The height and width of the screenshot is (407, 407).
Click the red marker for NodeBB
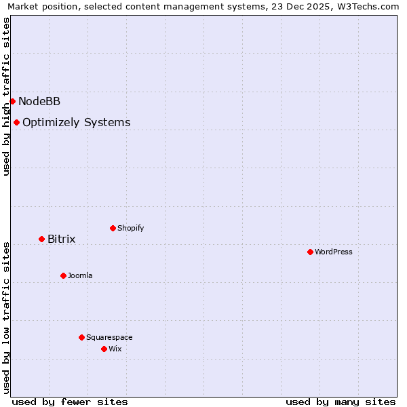coord(12,101)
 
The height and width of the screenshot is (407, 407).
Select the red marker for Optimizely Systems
coord(16,122)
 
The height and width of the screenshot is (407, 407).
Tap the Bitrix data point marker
coord(41,239)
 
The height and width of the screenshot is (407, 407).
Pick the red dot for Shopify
coord(113,228)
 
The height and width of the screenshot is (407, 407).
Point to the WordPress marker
coord(310,252)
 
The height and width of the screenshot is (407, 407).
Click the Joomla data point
coord(63,275)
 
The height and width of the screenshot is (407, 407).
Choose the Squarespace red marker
coord(81,337)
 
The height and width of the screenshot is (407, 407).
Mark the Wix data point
coord(104,349)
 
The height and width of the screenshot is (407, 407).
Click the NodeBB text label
coord(39,102)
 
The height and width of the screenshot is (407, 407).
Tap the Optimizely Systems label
coord(76,123)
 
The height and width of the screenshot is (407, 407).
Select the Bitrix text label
coord(61,239)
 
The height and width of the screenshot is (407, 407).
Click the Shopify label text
coord(130,229)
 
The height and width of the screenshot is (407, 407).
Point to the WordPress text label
coord(333,252)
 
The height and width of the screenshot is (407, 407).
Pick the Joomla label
coord(80,276)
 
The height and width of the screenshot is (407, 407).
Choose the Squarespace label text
coord(109,338)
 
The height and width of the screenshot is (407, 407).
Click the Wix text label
coord(115,349)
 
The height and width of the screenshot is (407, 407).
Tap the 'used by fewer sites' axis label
coord(70,402)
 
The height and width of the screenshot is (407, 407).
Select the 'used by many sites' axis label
coord(341,402)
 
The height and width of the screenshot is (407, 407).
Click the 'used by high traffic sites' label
coord(6,96)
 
